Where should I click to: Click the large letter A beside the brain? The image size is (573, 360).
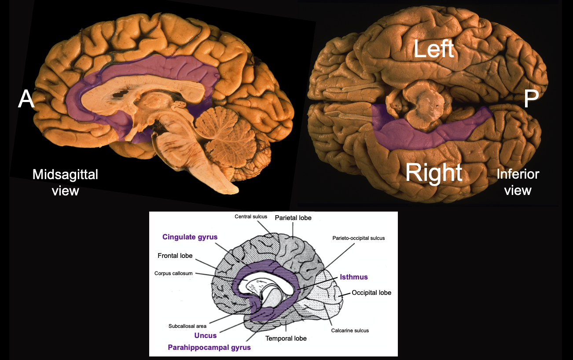pos(26,100)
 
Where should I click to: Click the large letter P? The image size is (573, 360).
pos(531,100)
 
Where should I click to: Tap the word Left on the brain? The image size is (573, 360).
pos(433,49)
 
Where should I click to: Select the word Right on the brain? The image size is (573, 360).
pos(433,173)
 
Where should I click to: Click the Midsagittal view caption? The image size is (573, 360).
pos(65,182)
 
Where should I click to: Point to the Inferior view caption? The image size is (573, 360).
pos(518,182)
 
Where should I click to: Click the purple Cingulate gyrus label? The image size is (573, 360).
pos(190,237)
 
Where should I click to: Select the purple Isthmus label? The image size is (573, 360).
pos(353,277)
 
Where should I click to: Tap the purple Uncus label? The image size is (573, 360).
pos(206,335)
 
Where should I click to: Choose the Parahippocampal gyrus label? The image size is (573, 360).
pos(209,347)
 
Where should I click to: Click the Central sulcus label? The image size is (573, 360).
pos(251,217)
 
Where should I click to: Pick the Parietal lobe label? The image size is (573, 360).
pos(293,218)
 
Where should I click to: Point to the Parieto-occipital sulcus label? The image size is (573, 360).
pos(358,238)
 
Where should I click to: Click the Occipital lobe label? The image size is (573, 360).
pos(371,293)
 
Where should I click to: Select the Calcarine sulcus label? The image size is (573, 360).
pos(350,330)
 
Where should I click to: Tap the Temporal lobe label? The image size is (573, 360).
pos(286,338)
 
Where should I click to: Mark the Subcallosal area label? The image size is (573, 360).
pos(187,326)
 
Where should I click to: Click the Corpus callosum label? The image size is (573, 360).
pos(173,273)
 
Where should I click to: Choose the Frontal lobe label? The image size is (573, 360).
pos(175,256)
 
